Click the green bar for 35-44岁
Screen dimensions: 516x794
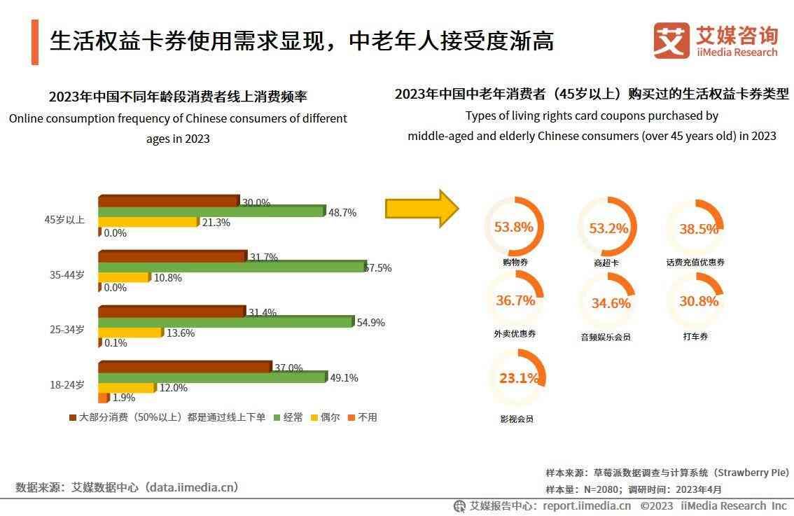coord(231,266)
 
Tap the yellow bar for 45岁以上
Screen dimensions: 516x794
coord(148,222)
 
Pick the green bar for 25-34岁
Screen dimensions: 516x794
coord(225,321)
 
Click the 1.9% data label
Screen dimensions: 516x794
coord(124,398)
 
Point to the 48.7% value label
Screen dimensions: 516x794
coord(342,212)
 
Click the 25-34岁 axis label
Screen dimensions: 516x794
coord(67,329)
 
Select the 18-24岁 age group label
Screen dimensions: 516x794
coord(67,384)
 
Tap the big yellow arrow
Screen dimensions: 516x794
coord(422,208)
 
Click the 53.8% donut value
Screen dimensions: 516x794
coord(514,227)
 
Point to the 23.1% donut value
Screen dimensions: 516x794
coord(519,378)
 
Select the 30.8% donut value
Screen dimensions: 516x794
coord(699,301)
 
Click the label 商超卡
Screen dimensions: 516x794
coord(606,263)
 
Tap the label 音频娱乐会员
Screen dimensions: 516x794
coord(606,337)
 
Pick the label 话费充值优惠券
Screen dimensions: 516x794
coord(695,263)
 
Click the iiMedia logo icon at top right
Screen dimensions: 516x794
coord(671,40)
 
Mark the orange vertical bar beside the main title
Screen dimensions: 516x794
coord(35,42)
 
